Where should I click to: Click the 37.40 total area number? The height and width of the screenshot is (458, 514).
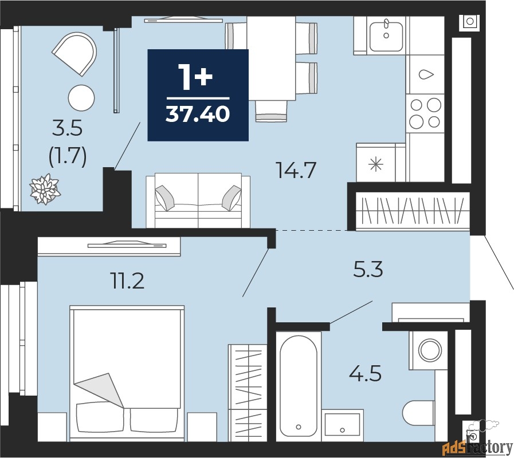(197, 114)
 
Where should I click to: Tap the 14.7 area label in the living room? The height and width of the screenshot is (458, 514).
(296, 171)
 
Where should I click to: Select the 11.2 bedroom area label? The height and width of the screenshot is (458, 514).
(128, 281)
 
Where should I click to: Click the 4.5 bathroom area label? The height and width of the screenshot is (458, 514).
(365, 373)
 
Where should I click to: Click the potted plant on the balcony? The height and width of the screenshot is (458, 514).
(45, 189)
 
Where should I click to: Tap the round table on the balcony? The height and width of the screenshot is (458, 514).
(81, 98)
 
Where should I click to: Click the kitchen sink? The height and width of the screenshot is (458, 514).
(386, 37)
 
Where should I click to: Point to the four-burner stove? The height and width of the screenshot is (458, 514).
(425, 113)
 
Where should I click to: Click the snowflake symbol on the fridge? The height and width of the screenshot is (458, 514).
(376, 164)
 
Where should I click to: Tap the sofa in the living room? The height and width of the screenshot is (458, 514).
(198, 200)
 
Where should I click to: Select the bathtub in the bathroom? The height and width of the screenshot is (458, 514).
(299, 386)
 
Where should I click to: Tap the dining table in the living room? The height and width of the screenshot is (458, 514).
(271, 58)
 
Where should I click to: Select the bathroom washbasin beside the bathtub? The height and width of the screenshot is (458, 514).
(342, 425)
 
